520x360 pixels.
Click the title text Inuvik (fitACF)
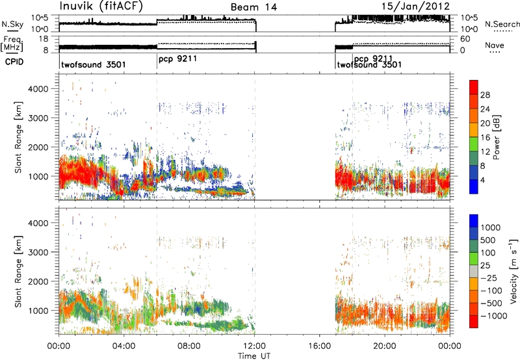(101, 6)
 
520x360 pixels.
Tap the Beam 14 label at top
(253, 7)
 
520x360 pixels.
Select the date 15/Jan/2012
(415, 6)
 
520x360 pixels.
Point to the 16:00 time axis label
(319, 346)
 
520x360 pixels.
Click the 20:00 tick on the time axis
(385, 346)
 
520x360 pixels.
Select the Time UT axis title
(254, 355)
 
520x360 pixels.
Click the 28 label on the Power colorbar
(485, 95)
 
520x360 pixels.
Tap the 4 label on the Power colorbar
(483, 180)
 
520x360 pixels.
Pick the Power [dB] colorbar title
(496, 137)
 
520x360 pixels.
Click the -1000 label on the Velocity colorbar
(494, 316)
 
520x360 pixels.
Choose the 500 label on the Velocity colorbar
(488, 240)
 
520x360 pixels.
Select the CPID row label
(14, 62)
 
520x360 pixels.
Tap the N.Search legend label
(502, 24)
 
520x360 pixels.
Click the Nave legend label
(495, 45)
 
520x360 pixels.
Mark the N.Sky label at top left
(12, 24)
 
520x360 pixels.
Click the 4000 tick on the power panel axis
(39, 89)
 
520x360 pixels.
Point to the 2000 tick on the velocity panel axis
(39, 281)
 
